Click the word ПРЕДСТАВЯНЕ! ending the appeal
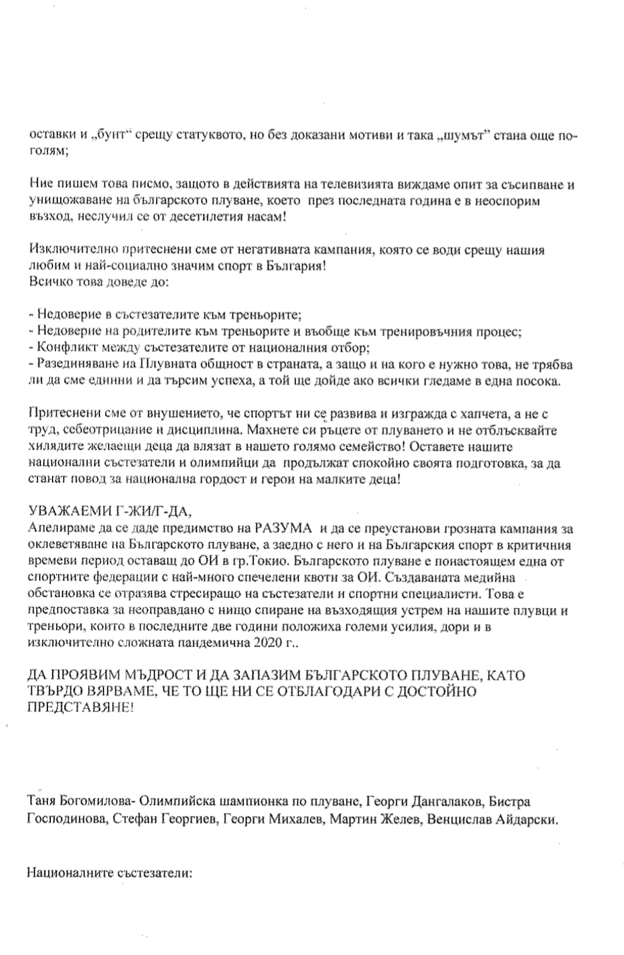coord(80,707)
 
